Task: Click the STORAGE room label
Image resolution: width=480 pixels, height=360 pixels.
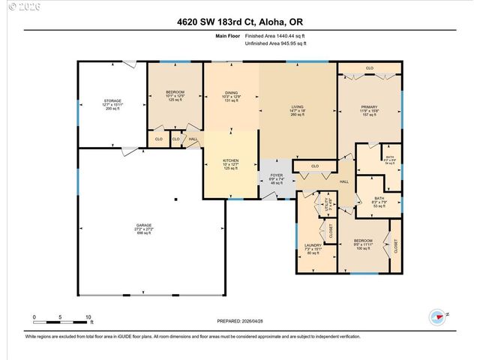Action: [x=112, y=103]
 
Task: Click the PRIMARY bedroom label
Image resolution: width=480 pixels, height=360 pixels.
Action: [x=369, y=111]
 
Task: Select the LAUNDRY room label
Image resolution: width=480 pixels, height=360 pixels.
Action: [x=313, y=248]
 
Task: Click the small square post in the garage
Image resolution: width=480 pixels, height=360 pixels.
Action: [x=175, y=199]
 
